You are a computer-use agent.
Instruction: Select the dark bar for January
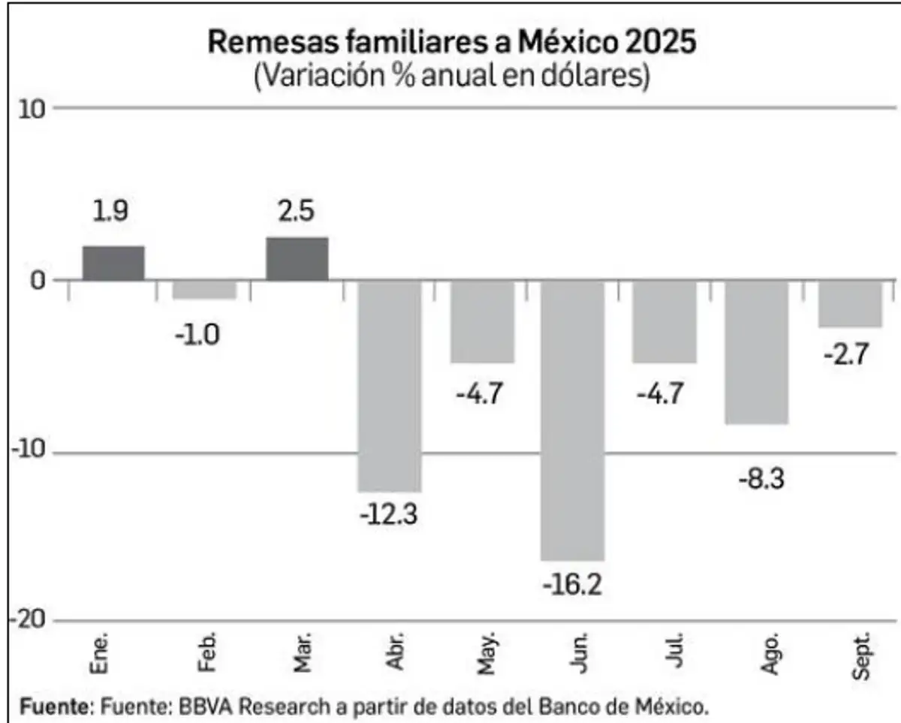(113, 263)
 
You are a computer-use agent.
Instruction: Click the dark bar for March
(297, 258)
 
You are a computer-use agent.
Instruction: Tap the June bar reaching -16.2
(572, 420)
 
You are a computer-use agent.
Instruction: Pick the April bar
(389, 386)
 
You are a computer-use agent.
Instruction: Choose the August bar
(756, 352)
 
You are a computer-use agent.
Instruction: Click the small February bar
(205, 290)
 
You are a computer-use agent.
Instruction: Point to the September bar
(849, 304)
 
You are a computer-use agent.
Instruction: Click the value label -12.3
(389, 516)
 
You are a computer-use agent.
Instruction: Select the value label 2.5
(297, 212)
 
